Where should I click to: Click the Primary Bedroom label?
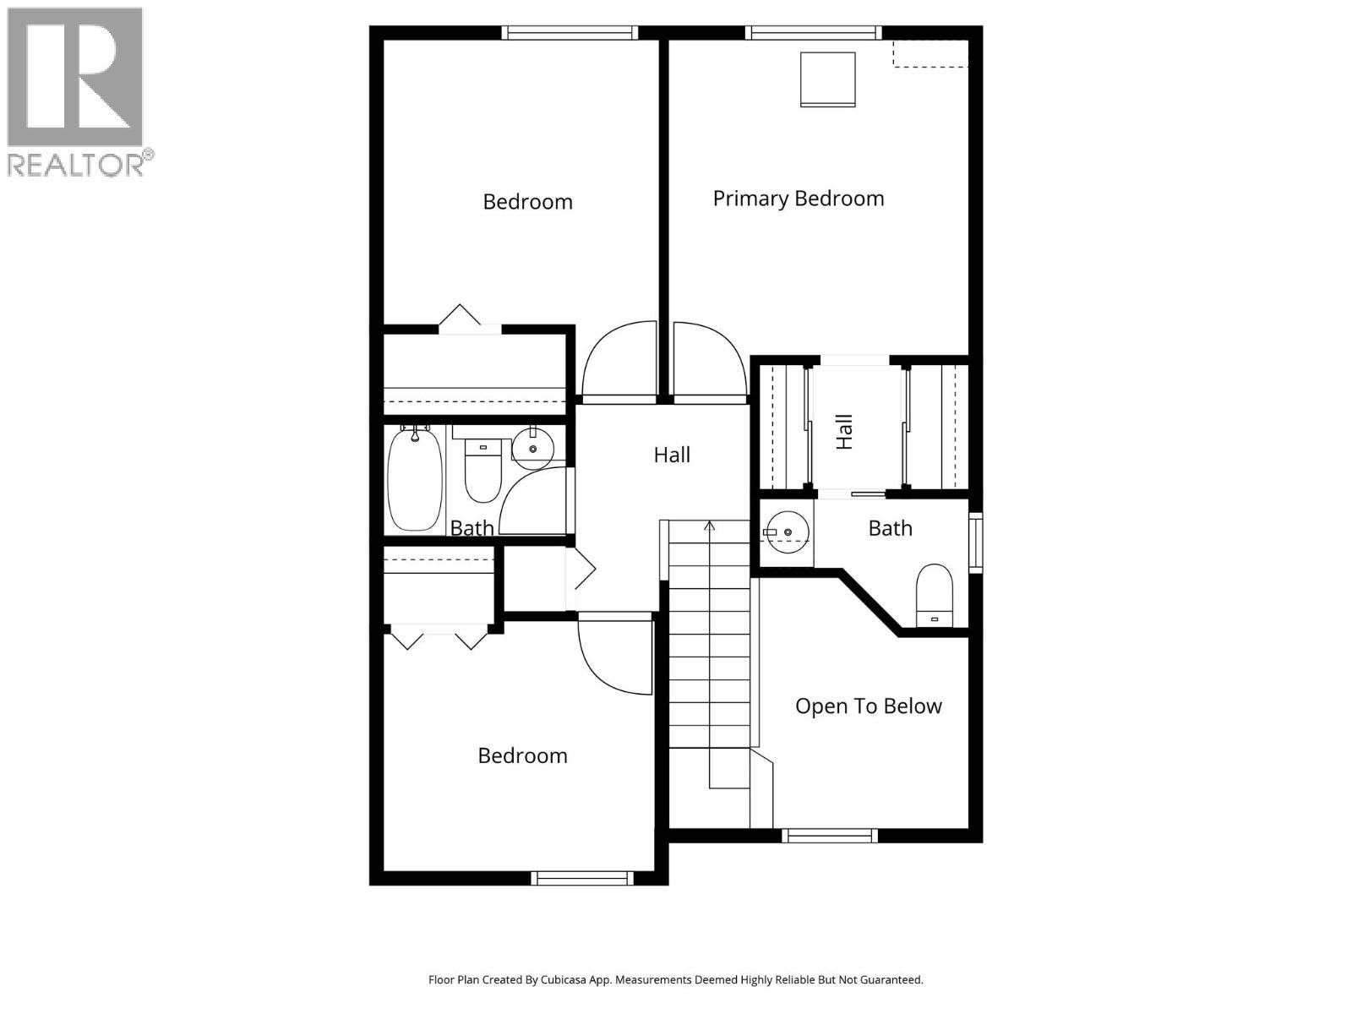coord(798,199)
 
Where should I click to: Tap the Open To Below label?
coord(868,706)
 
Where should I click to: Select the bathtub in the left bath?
coord(414,479)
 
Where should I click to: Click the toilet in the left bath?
coord(483,472)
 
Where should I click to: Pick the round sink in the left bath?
coord(532,448)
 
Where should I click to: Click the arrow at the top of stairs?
coord(710,526)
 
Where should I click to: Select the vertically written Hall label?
coord(844,431)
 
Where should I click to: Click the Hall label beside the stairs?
coord(672,455)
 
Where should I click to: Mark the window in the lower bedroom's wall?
coord(582,879)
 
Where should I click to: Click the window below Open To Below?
coord(830,836)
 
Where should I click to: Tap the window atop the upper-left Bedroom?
coord(570,33)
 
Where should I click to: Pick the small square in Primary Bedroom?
coord(828,79)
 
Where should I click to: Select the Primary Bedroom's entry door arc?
coord(708,359)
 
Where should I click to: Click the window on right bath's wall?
coord(975,542)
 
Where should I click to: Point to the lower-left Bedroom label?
coord(522,756)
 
